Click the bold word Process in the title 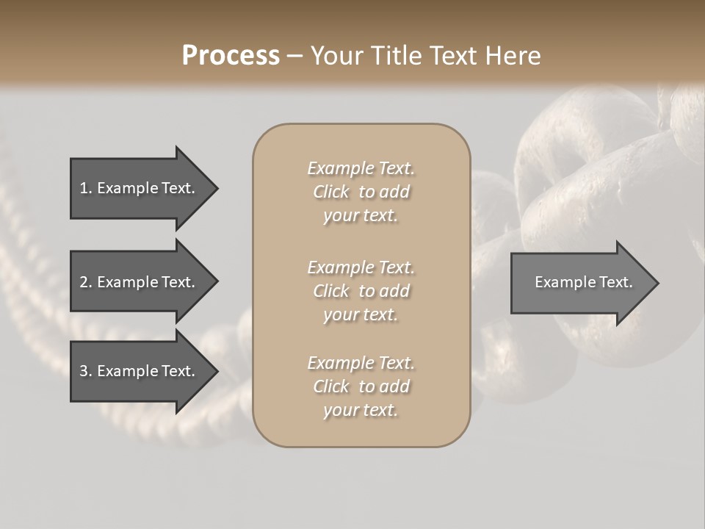[x=231, y=56]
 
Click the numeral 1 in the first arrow [x=84, y=188]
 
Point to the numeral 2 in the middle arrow [x=84, y=282]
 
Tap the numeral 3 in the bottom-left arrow [x=84, y=371]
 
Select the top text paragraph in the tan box [x=361, y=192]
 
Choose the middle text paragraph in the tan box [x=361, y=291]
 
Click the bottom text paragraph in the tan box [x=361, y=386]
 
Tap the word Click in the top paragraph [x=331, y=192]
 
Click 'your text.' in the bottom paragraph [x=361, y=410]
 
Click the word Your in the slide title [x=336, y=56]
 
